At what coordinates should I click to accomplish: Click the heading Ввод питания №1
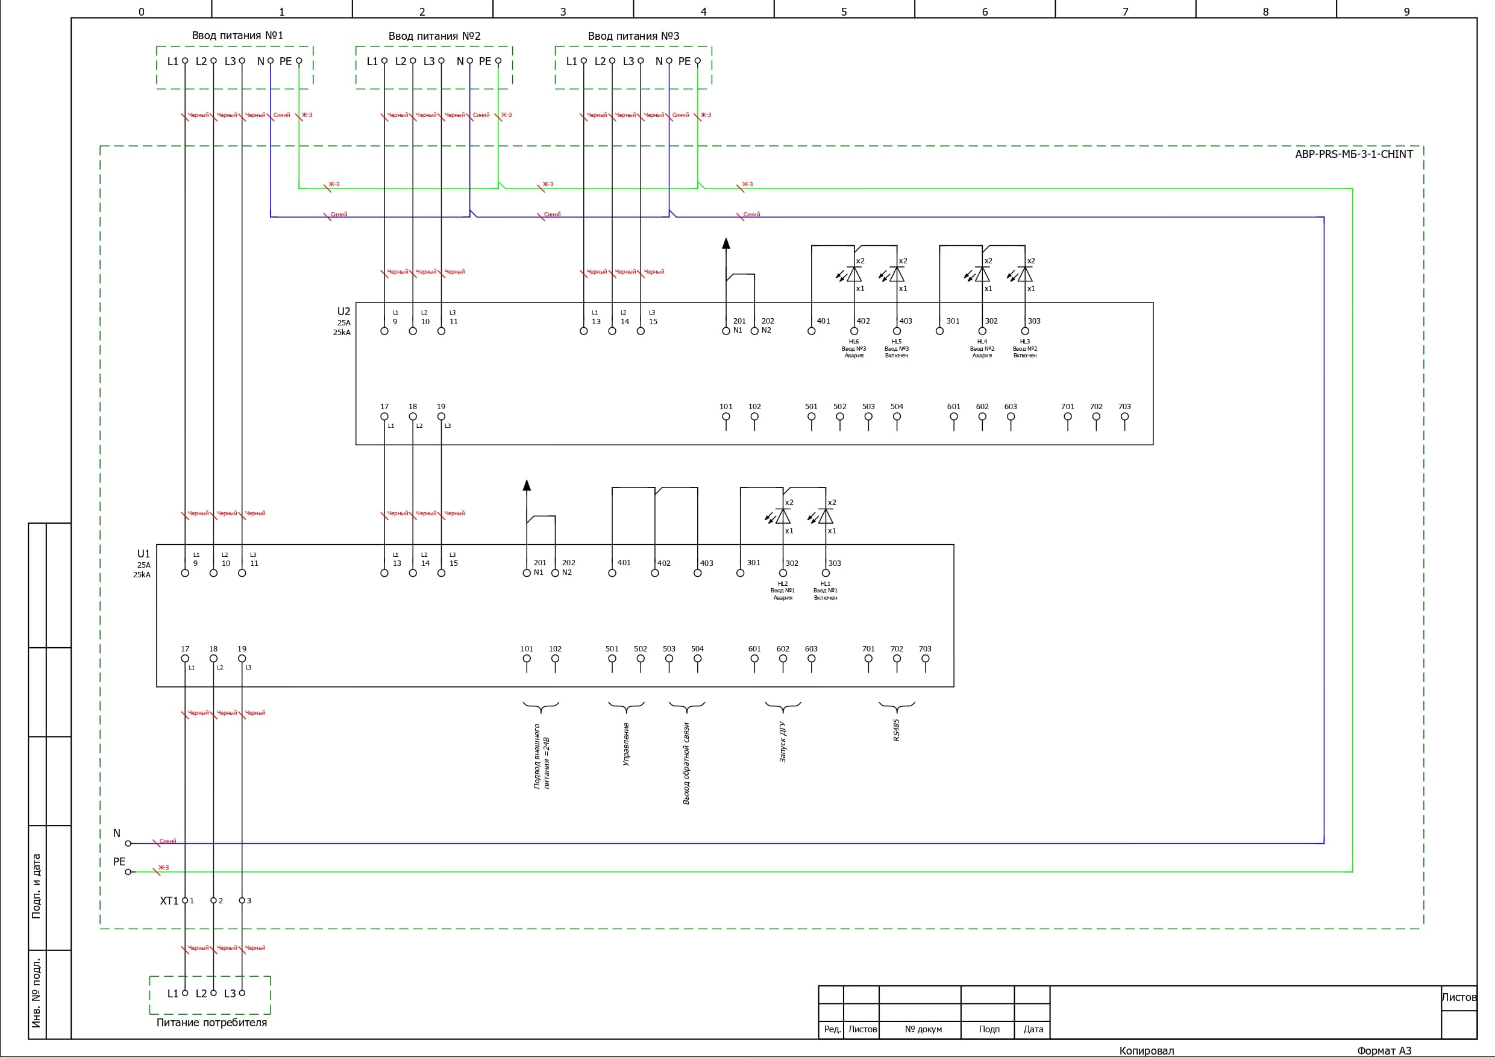coord(237,36)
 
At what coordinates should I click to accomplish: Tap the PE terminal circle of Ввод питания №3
coord(697,61)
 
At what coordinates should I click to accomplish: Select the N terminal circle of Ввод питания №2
coord(469,61)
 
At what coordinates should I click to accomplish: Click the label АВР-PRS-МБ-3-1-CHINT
coord(1354,154)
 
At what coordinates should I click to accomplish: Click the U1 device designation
coord(143,554)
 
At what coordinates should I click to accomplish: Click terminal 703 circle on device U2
coord(1124,417)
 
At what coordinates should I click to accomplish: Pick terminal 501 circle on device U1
coord(612,659)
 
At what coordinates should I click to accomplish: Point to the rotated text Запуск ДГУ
coord(783,742)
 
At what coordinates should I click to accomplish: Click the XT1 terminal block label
coord(169,902)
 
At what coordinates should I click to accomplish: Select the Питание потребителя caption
coord(212,1023)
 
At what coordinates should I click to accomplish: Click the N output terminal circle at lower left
coord(128,844)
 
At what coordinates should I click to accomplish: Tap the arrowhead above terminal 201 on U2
coord(726,243)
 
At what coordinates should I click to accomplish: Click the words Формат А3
coord(1384,1050)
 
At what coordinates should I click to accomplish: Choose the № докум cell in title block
coord(923,1030)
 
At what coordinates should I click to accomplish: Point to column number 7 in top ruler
coord(1125,11)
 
